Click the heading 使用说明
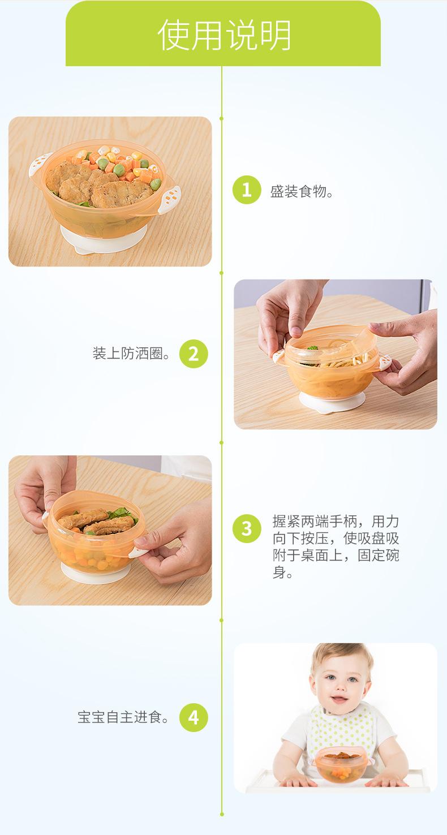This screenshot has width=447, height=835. coord(224,35)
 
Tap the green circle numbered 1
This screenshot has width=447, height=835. coord(247,190)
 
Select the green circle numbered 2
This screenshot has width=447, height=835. coord(194,354)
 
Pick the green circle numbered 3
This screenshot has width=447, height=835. coord(247,528)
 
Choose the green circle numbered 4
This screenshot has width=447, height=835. coord(194,717)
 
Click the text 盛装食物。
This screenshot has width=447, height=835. coord(302,192)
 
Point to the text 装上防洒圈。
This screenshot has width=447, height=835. coord(132,354)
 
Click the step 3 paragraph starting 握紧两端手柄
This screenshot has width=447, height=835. coord(336,546)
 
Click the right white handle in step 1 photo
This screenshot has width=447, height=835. coord(170,200)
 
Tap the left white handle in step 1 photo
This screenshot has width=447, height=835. coord(40,164)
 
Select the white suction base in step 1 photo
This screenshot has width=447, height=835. coord(104,239)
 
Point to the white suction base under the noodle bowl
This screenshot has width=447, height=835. coord(332,402)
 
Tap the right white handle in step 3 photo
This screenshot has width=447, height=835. coord(137,551)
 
